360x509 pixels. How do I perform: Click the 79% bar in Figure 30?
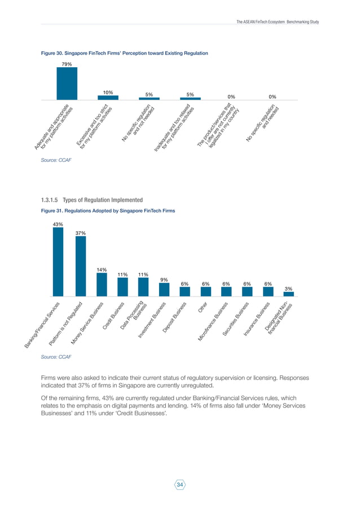[67, 85]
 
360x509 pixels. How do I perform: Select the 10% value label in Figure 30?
[108, 92]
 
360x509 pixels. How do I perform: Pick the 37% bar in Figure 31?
[81, 266]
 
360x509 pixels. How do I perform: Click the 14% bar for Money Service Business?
[102, 285]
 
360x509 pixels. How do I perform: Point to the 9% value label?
[164, 280]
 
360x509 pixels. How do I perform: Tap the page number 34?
[180, 484]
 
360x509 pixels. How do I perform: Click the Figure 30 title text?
[125, 53]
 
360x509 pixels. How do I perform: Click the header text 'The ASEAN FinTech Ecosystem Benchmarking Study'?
[278, 22]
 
